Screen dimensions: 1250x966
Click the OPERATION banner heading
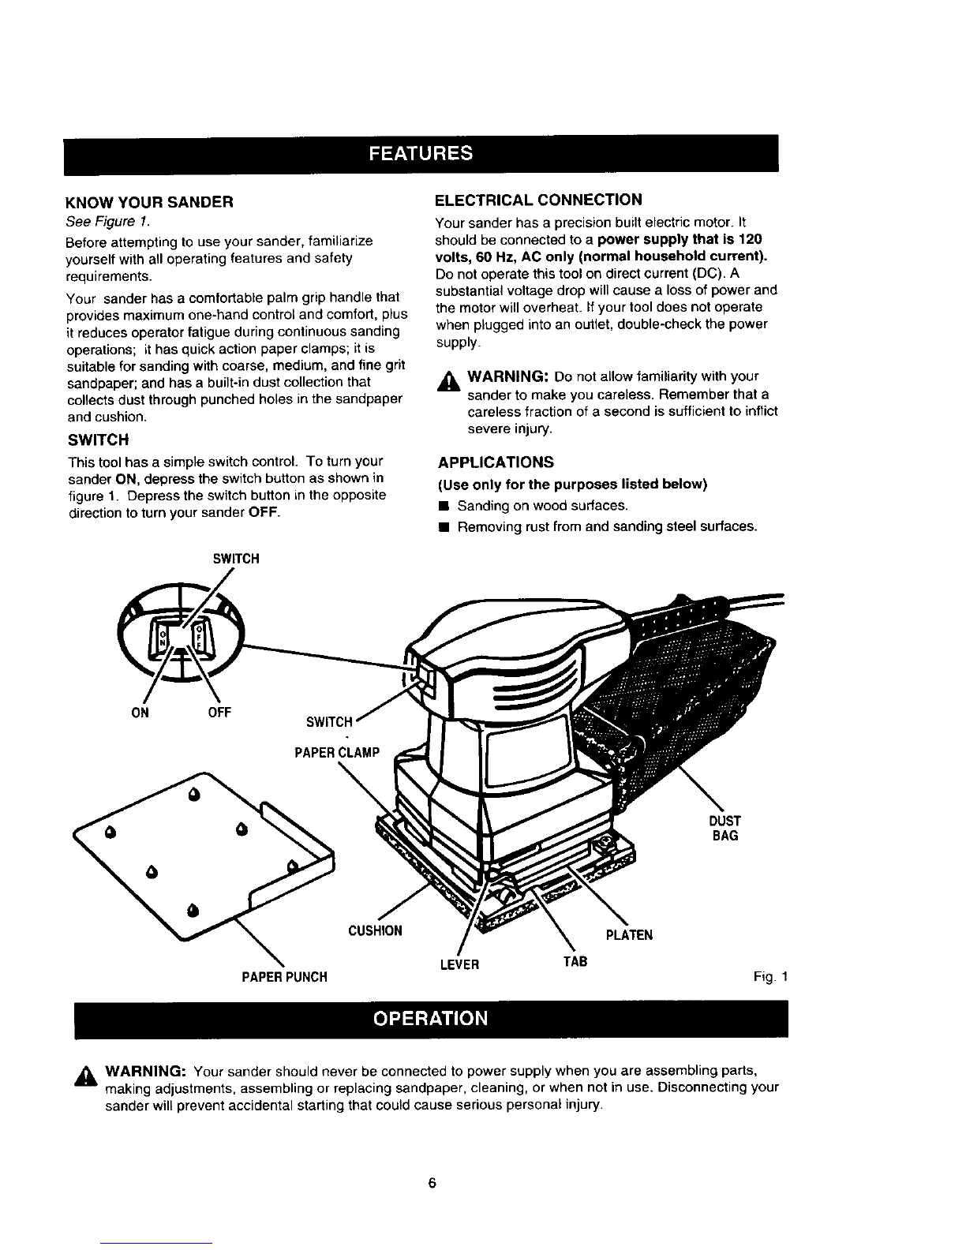pos(431,1018)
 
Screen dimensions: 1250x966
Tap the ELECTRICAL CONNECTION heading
pos(538,199)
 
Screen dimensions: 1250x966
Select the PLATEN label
pos(628,935)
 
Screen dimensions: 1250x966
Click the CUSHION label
pos(375,930)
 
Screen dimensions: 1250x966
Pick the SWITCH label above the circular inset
pos(235,559)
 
